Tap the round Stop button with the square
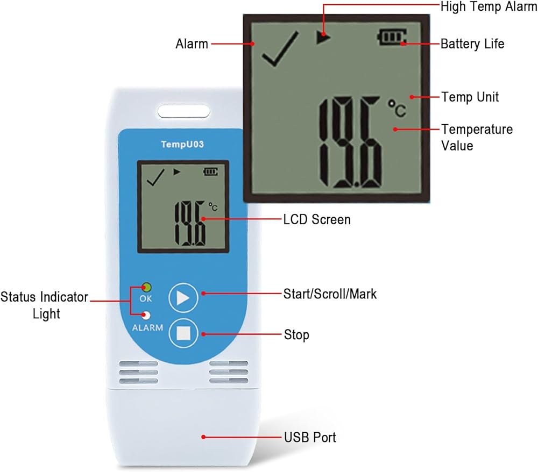click(x=184, y=333)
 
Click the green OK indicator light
click(x=146, y=287)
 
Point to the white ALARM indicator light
click(x=146, y=316)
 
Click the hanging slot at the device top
click(x=183, y=112)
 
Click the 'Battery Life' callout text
click(x=472, y=44)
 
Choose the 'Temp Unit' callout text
click(x=470, y=97)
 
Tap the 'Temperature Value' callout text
click(x=477, y=137)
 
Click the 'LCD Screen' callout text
click(x=317, y=219)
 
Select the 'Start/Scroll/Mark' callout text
click(x=330, y=294)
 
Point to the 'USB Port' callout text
click(x=310, y=437)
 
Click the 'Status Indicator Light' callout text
click(x=44, y=305)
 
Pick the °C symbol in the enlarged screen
click(x=397, y=108)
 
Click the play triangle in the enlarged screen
click(x=323, y=38)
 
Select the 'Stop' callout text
click(x=296, y=335)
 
